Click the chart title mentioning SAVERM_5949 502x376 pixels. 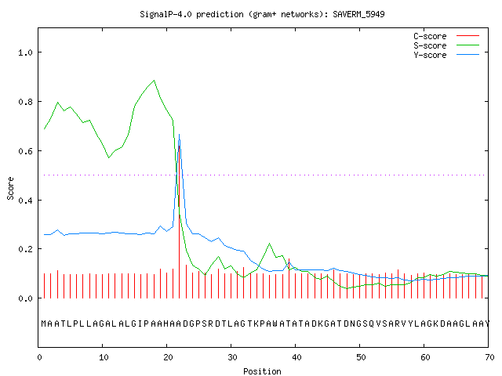pos(262,14)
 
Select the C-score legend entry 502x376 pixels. pos(446,36)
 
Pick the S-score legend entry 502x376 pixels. pos(446,45)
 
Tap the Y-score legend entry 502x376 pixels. pos(446,55)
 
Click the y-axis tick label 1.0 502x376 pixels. pos(26,52)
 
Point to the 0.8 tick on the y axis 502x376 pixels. pos(26,102)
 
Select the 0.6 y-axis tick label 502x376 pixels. pos(26,151)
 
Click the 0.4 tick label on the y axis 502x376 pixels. pos(26,201)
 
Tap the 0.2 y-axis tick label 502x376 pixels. pos(26,249)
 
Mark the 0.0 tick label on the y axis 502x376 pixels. pos(26,298)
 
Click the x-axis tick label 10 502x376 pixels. pos(104,357)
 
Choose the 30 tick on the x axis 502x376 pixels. pos(232,357)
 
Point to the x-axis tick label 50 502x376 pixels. pos(361,357)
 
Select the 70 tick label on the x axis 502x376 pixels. pos(489,357)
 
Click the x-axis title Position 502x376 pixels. pos(262,371)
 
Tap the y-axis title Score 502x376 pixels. pos(10,188)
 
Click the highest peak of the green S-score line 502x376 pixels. pos(155,80)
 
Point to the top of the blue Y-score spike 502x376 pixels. pos(179,135)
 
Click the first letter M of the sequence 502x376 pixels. pos(44,324)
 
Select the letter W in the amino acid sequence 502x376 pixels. pos(275,324)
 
